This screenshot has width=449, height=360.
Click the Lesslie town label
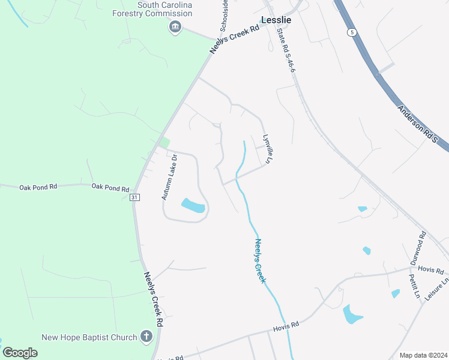277,20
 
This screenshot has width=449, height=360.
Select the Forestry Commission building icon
175,26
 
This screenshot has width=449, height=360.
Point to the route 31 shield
135,197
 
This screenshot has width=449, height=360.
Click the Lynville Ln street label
264,146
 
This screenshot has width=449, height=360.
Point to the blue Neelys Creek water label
260,261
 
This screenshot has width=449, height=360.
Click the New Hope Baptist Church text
90,337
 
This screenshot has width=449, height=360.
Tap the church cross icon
146,337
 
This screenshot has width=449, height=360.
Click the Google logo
20,353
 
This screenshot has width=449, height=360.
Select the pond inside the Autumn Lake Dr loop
193,206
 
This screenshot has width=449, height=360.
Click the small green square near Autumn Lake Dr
164,143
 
